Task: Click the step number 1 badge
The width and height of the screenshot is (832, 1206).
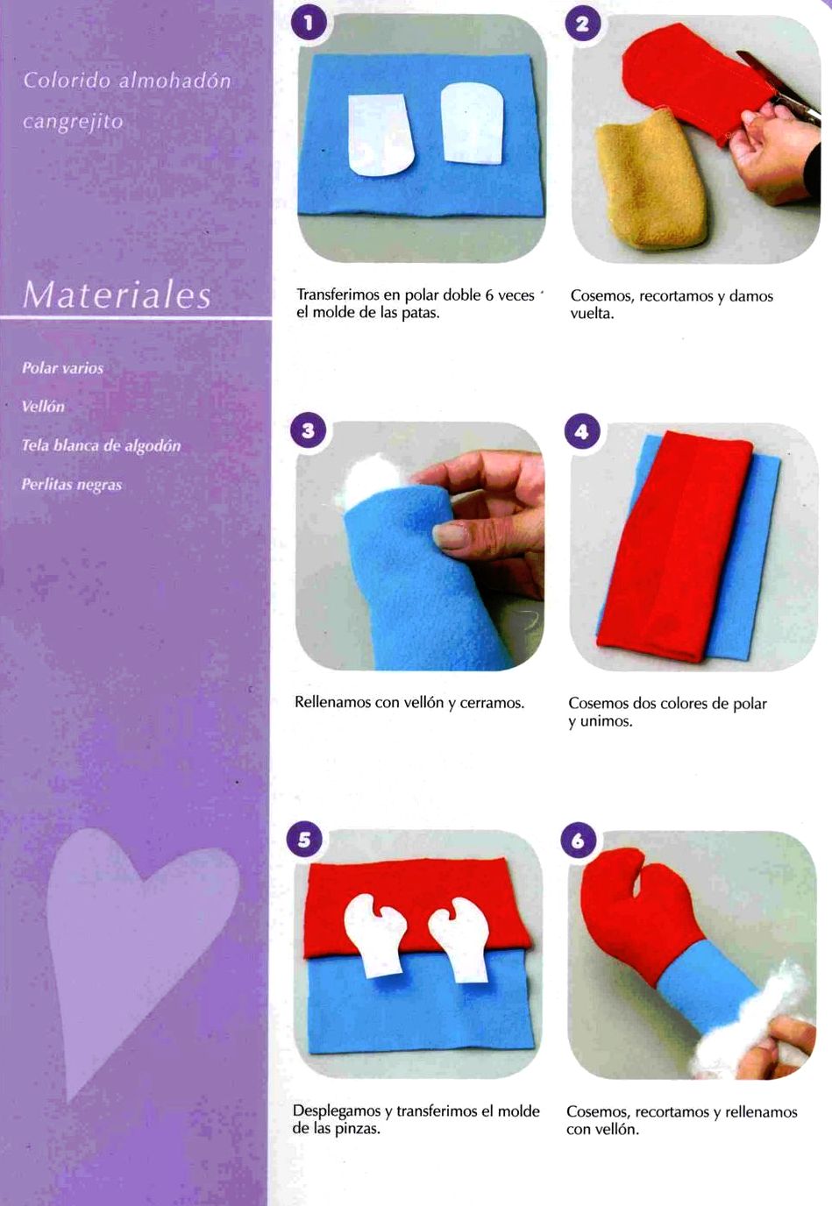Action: click(309, 24)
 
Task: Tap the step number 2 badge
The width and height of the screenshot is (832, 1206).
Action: click(582, 25)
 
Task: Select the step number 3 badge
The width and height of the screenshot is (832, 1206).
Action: click(308, 430)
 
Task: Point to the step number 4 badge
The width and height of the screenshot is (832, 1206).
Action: click(581, 431)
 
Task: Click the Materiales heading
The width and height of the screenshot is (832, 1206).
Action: click(117, 294)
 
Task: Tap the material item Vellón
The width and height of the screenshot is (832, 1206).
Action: click(43, 407)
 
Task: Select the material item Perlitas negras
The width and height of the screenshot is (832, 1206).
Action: click(72, 485)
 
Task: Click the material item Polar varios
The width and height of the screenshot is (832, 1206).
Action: click(62, 368)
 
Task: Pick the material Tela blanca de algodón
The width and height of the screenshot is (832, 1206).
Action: click(101, 446)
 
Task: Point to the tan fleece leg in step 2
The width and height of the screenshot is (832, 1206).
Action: click(650, 181)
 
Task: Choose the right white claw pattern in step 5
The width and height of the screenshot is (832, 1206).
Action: click(459, 940)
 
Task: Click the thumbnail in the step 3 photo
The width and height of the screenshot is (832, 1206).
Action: click(451, 536)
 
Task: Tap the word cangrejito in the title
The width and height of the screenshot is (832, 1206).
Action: click(74, 122)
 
